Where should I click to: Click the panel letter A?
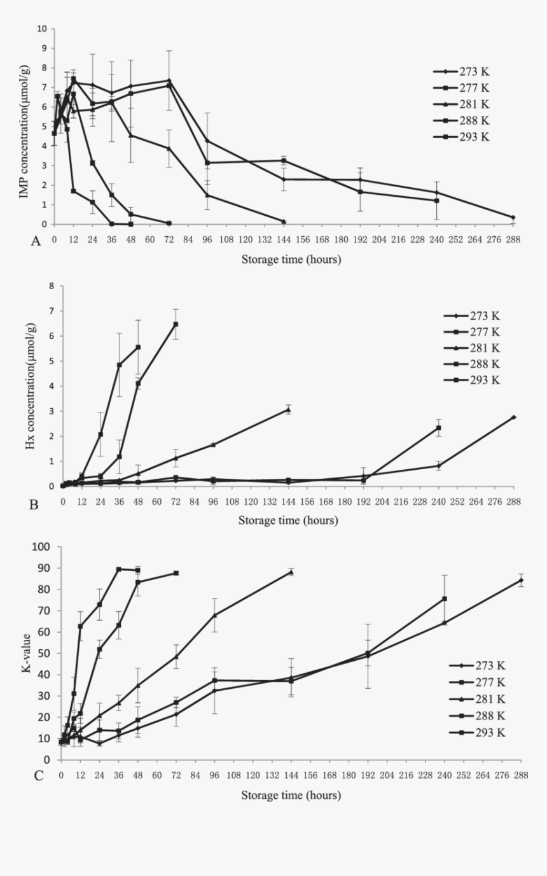pos(36,241)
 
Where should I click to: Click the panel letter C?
pos(39,775)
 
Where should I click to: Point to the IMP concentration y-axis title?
pos(24,127)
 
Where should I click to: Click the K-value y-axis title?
pos(27,654)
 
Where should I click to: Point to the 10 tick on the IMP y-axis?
pos(42,29)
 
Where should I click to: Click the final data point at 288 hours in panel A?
pos(513,217)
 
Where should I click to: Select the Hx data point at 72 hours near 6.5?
pos(176,324)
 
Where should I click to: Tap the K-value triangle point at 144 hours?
pos(291,572)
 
